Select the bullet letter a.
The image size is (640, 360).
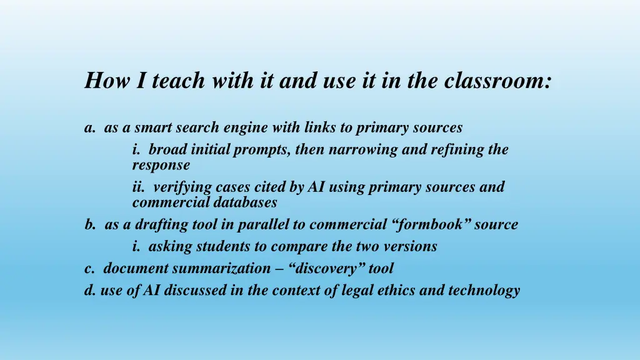[x=89, y=128]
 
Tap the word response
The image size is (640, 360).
[x=161, y=166]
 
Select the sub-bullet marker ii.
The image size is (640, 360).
[x=138, y=187]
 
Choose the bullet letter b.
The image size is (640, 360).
[x=90, y=224]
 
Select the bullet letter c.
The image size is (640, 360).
[x=89, y=269]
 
